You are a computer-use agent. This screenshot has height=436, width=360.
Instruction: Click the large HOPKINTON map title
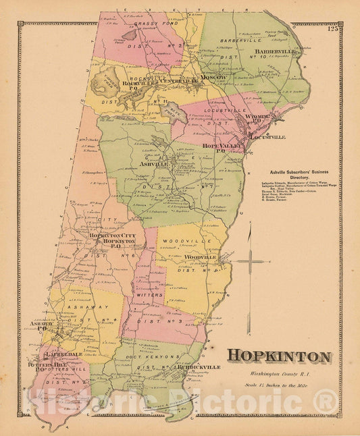click(278, 357)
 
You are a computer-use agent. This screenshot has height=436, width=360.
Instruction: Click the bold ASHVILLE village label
click(153, 164)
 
